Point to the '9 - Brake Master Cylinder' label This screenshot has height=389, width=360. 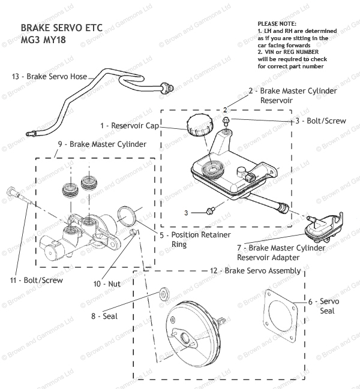pyautogui.click(x=102, y=144)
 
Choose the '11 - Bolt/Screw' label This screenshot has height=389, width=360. pyautogui.click(x=35, y=279)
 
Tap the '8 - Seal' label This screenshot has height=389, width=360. pyautogui.click(x=106, y=316)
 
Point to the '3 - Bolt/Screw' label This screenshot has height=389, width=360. pyautogui.click(x=320, y=121)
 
